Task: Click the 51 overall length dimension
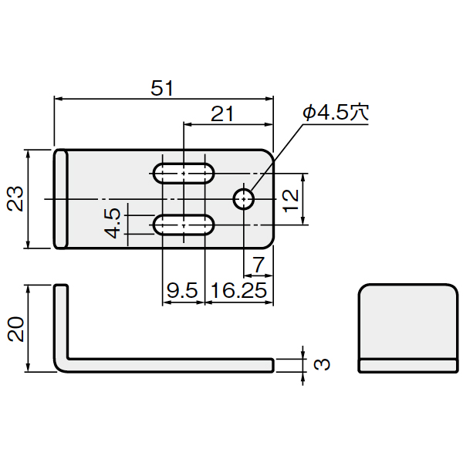click(x=162, y=88)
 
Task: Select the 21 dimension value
click(x=222, y=113)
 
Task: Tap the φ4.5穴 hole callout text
click(x=336, y=112)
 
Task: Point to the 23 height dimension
click(x=15, y=198)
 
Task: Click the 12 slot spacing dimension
click(x=291, y=201)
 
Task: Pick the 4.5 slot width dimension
click(x=113, y=223)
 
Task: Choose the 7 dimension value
click(x=259, y=265)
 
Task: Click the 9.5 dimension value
click(x=182, y=290)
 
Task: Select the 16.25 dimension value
click(x=239, y=290)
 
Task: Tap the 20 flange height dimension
click(x=15, y=329)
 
